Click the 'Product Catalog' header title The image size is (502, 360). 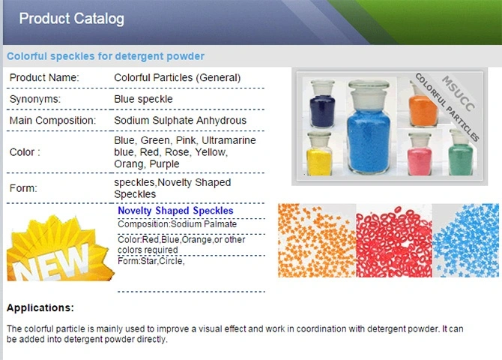coord(71,19)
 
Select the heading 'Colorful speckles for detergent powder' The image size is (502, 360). coord(106,56)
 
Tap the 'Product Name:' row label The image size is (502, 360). coord(44,77)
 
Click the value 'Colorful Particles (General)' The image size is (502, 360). coord(177,78)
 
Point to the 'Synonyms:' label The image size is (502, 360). coord(35,99)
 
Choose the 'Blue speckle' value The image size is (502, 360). coord(143,99)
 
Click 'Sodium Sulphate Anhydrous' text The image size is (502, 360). coord(181,121)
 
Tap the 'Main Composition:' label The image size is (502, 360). coord(52,121)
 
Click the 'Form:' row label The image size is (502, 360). coord(23,188)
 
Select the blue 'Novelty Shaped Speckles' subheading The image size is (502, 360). coord(175,211)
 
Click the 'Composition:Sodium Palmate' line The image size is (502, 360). coord(177,224)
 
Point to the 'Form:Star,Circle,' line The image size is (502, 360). coord(151,261)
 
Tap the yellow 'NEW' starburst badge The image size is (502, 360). coord(60,248)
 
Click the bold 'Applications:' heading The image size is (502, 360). coord(40,307)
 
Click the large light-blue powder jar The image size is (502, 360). coord(369,127)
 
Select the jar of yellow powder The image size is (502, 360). coord(319,154)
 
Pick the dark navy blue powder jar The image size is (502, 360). coord(322,103)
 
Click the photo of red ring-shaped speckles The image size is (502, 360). coord(394,241)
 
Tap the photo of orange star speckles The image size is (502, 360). coord(317,241)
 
